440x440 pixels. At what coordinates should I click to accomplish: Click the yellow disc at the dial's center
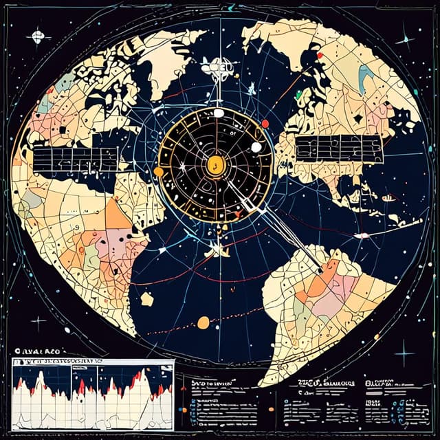[x=214, y=164]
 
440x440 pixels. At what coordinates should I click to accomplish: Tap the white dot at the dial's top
[x=219, y=113]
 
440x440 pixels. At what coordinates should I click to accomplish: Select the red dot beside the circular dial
[x=265, y=124]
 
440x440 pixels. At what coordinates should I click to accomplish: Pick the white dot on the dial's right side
[x=256, y=147]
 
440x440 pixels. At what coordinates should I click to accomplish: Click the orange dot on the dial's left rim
[x=159, y=171]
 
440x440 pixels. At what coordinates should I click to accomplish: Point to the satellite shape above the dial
[x=219, y=68]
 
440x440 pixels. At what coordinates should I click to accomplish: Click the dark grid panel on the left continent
[x=75, y=159]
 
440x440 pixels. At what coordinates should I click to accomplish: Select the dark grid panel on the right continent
[x=338, y=148]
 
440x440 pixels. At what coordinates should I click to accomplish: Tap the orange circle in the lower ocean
[x=203, y=322]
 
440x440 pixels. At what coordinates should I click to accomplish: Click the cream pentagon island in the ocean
[x=146, y=299]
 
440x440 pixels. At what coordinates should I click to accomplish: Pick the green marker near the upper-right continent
[x=298, y=96]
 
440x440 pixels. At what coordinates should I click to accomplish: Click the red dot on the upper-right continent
[x=319, y=54]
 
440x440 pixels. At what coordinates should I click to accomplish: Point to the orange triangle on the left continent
[x=118, y=214]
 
